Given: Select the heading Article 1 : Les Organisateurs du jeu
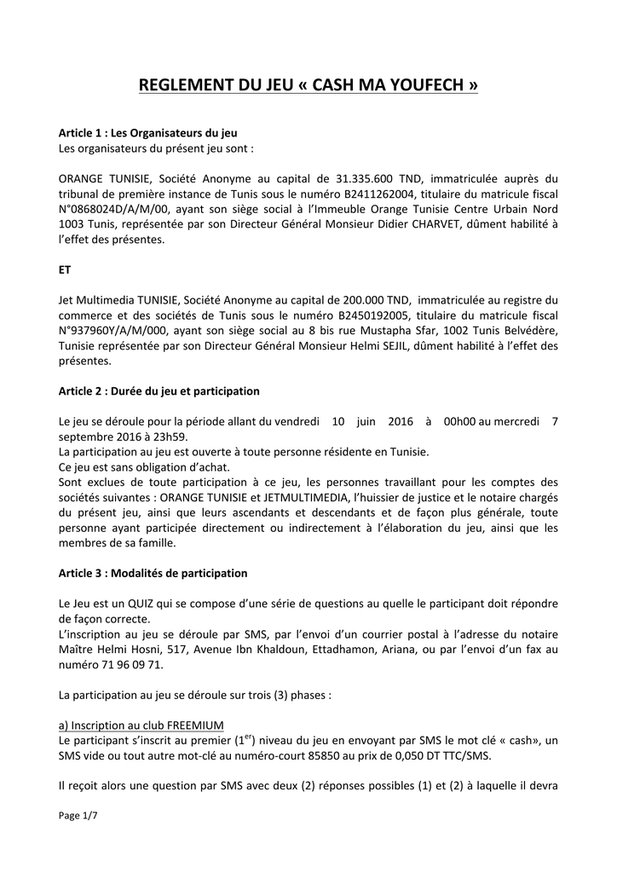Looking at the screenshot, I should point(147,134).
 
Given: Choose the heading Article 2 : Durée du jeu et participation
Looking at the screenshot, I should point(159,390).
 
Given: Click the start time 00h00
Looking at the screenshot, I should point(457,421).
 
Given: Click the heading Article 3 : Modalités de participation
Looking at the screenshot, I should point(153,573).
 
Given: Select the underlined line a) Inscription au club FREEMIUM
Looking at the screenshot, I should point(141,726).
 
